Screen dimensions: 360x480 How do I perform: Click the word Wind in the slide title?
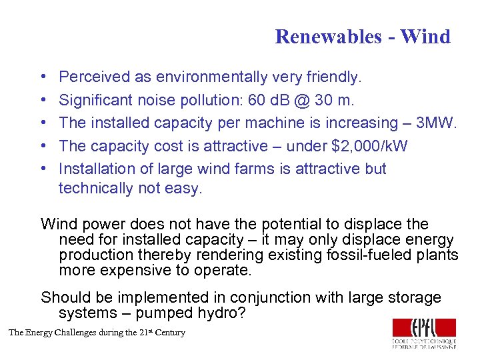(425, 37)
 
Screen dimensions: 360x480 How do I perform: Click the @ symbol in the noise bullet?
(309, 100)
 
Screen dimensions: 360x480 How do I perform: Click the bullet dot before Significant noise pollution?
(43, 100)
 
